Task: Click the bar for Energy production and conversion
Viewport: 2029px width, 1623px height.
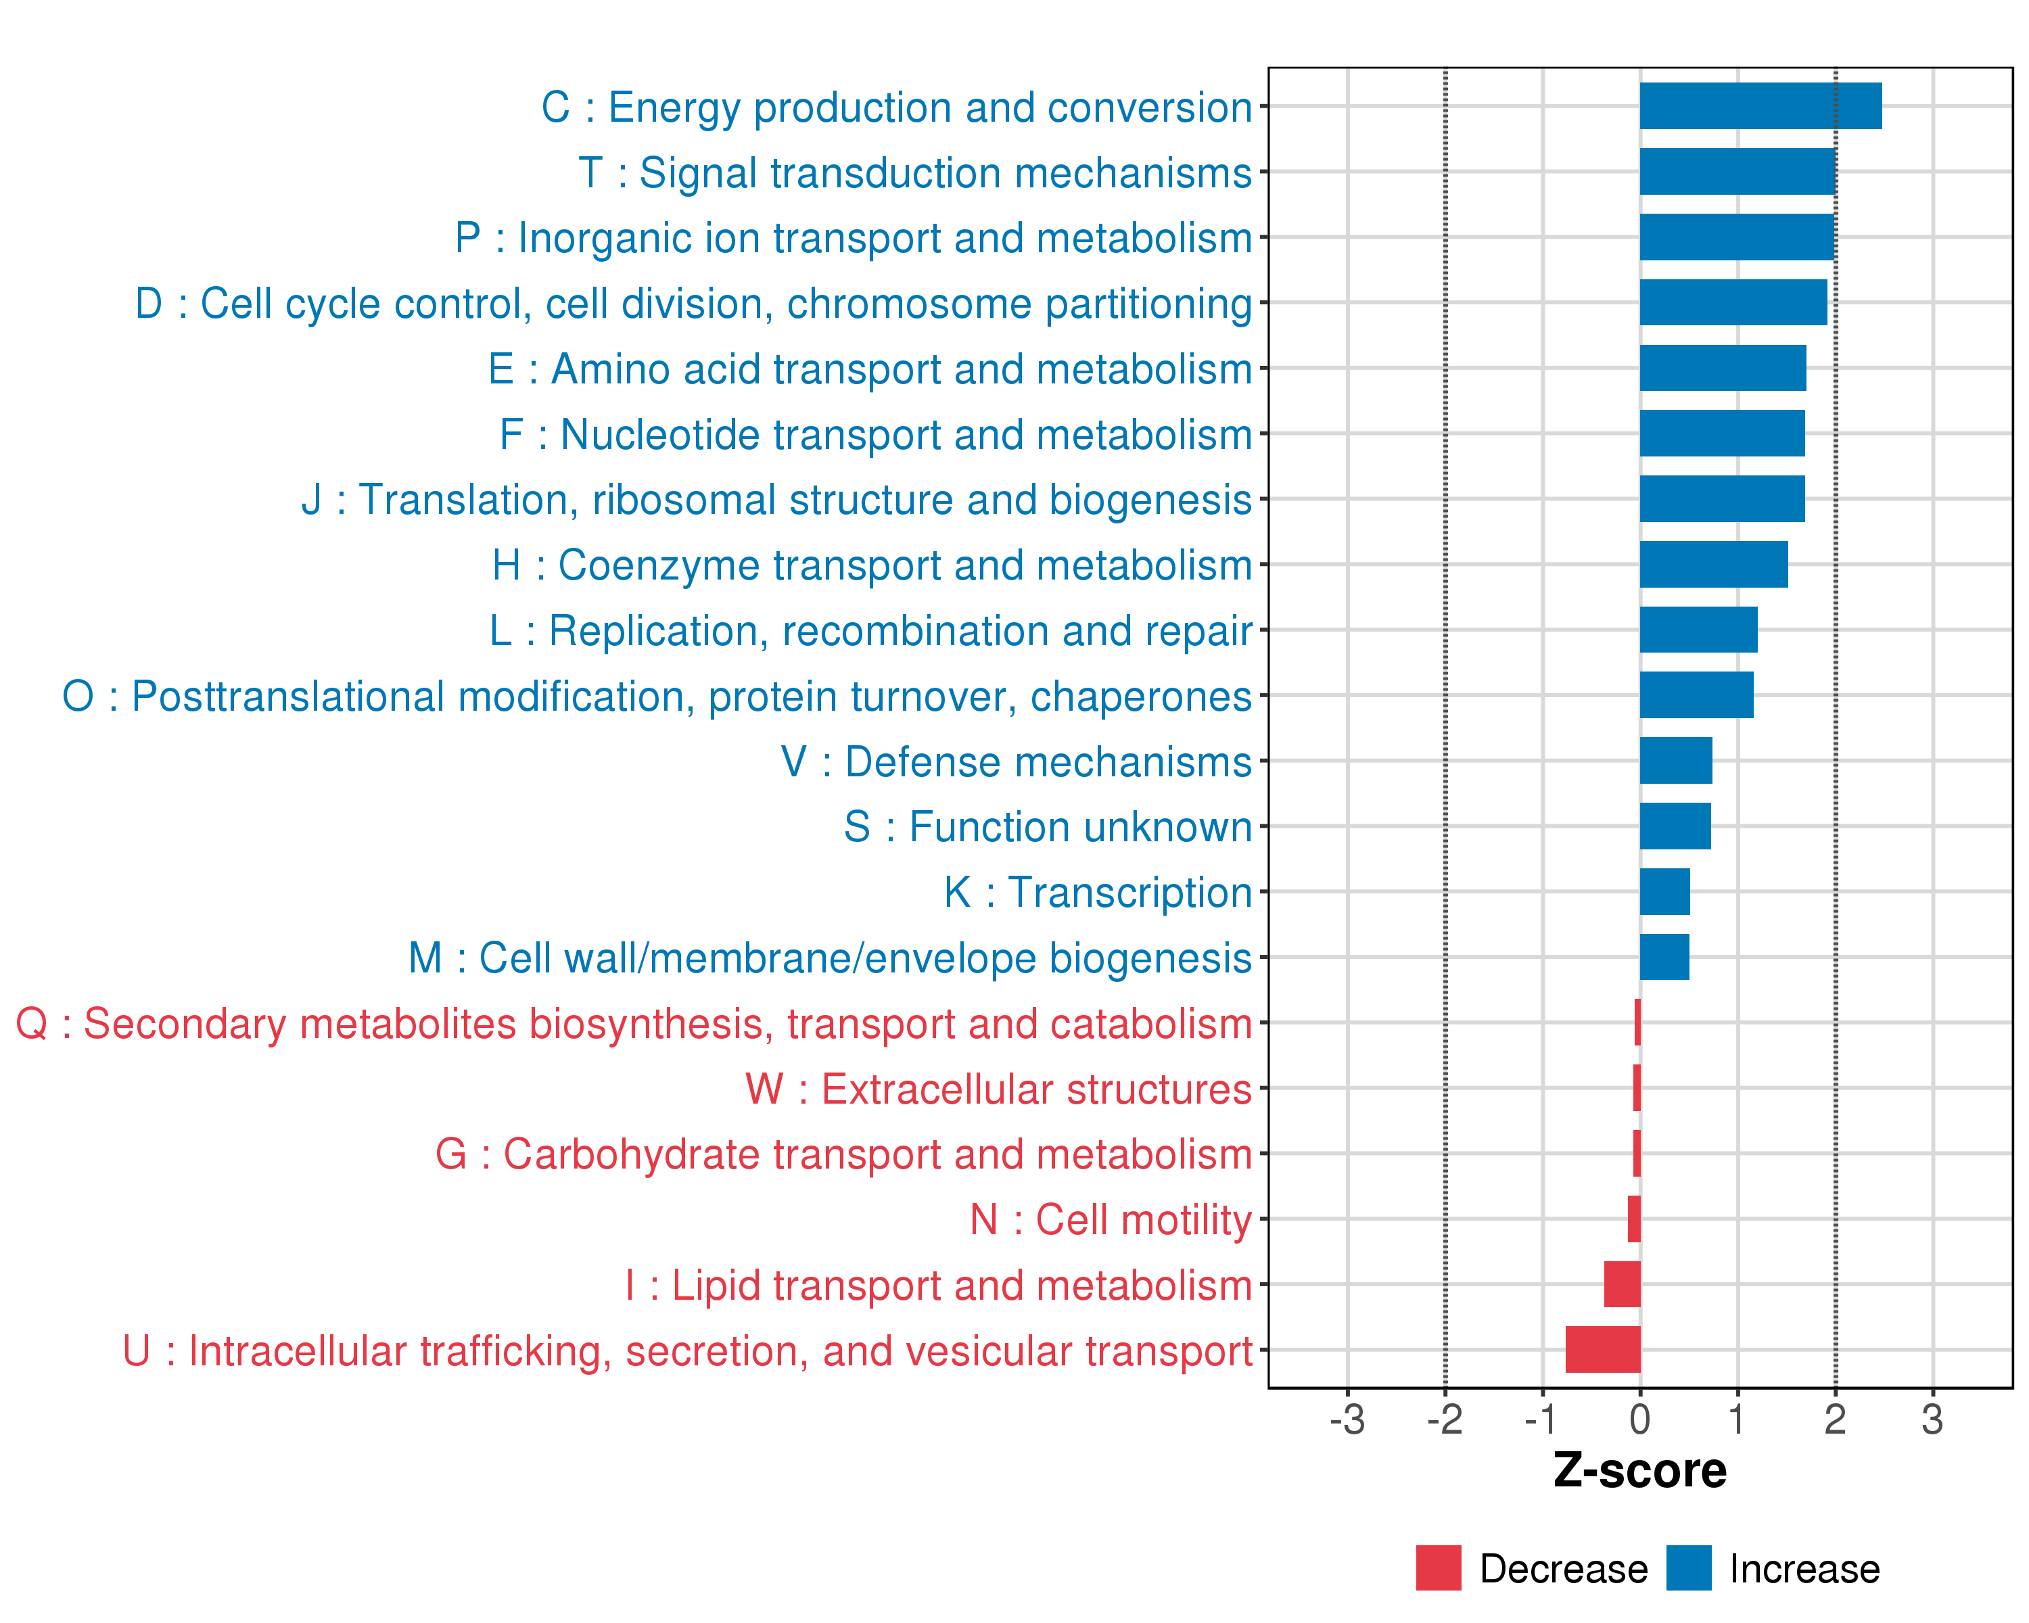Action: click(1760, 105)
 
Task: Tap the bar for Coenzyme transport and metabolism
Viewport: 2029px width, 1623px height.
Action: click(1712, 565)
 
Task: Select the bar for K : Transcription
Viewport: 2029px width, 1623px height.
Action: click(1664, 891)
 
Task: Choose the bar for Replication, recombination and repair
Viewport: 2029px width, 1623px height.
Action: click(1698, 630)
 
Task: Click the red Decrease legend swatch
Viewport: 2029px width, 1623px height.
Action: click(1438, 1568)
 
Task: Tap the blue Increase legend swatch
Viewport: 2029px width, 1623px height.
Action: click(1688, 1568)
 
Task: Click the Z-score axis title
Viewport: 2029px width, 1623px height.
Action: click(1639, 1471)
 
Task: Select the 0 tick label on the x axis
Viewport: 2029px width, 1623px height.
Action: click(1639, 1419)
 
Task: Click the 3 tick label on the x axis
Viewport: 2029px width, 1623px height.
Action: click(1932, 1419)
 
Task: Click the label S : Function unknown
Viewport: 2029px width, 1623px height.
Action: click(1048, 827)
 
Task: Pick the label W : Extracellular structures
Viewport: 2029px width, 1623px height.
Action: click(998, 1089)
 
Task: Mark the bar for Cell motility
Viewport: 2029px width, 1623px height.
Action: click(1634, 1219)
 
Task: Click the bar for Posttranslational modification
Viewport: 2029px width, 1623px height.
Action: click(1696, 695)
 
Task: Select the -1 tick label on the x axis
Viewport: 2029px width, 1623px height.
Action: click(1541, 1419)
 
